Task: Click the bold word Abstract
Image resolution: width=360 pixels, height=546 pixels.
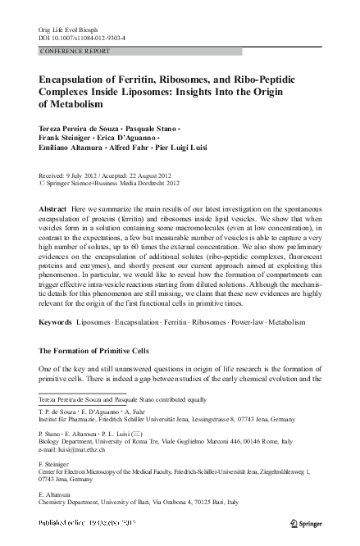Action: (x=54, y=210)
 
